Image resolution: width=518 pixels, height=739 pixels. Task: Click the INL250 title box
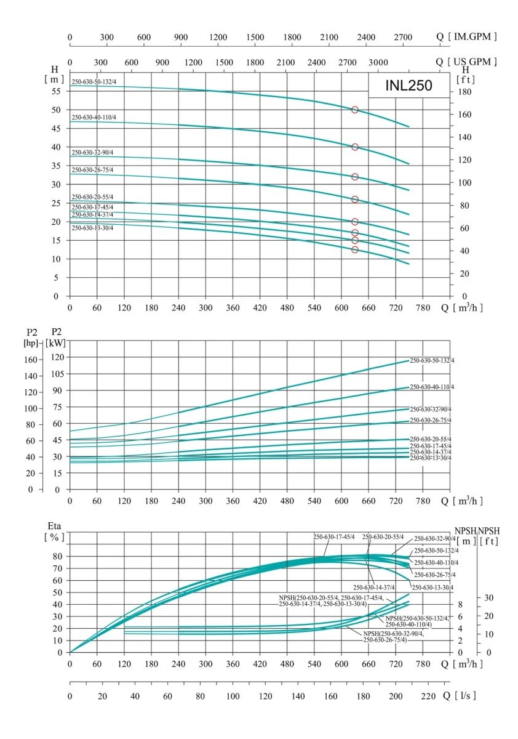pos(408,86)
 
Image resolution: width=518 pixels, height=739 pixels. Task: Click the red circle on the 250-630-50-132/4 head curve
pos(355,110)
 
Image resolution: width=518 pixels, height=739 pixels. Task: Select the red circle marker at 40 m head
pos(355,147)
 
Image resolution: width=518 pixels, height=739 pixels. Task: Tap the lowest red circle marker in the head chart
pos(355,249)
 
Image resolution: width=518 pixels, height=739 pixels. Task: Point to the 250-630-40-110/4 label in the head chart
pos(94,117)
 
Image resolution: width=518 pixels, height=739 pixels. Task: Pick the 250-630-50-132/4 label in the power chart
pos(432,360)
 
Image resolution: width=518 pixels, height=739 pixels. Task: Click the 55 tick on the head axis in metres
pos(56,91)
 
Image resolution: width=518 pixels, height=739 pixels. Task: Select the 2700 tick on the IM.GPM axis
pos(404,37)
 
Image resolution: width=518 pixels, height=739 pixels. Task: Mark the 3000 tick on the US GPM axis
pos(378,62)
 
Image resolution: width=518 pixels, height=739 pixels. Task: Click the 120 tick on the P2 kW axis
pos(56,357)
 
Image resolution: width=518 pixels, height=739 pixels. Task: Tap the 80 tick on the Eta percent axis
pos(57,556)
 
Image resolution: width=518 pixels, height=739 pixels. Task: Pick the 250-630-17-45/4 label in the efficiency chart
pos(334,537)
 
